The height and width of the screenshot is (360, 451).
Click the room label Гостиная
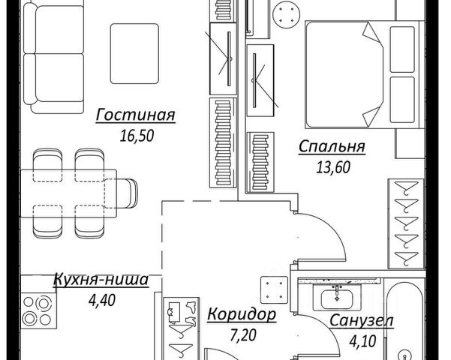coord(135,115)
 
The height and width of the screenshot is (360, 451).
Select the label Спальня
coord(332,147)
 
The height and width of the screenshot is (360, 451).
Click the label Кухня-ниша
coord(101,281)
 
